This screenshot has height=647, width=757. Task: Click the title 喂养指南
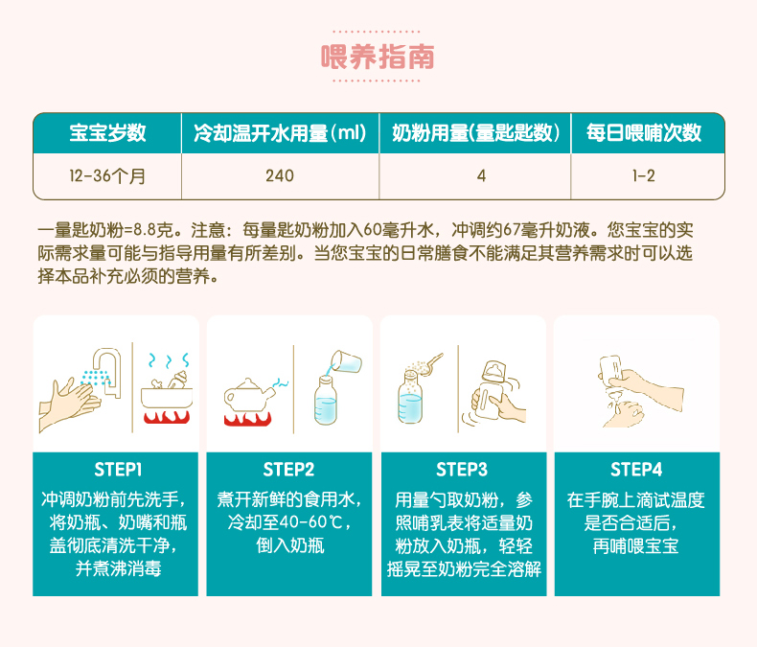click(378, 57)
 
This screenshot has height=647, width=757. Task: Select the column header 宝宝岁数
click(107, 133)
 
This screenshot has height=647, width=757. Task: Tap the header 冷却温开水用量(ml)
click(280, 133)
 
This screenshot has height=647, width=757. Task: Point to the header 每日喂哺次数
click(644, 133)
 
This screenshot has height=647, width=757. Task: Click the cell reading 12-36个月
click(107, 175)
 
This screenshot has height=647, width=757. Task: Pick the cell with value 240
click(280, 175)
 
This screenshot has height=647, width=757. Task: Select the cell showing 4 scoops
click(481, 175)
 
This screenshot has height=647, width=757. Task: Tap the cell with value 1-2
click(644, 175)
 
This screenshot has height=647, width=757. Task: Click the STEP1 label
click(118, 470)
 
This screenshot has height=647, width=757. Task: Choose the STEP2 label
click(288, 470)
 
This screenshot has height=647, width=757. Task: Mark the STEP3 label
click(462, 470)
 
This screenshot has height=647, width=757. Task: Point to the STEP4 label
click(636, 470)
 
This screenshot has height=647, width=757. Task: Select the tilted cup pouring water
click(346, 361)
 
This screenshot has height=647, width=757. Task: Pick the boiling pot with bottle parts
click(167, 391)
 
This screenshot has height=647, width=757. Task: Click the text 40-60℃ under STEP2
click(287, 523)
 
